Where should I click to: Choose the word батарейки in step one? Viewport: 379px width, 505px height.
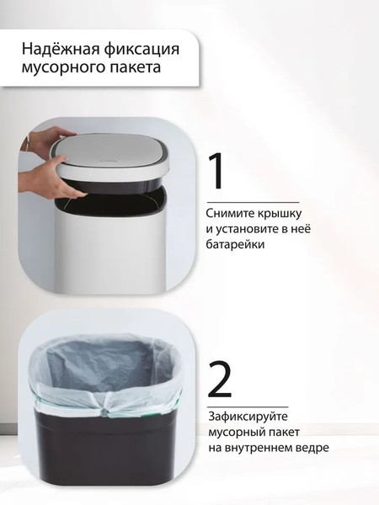tap(238, 245)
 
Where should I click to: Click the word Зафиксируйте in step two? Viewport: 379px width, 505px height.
tap(250, 417)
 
